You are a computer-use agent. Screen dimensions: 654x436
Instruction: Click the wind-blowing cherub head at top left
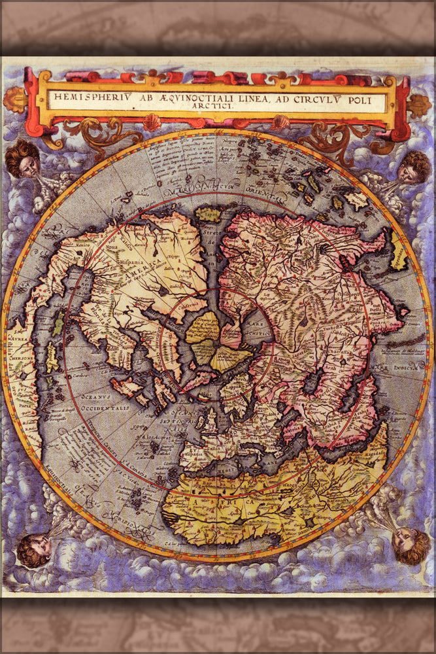pos(23,159)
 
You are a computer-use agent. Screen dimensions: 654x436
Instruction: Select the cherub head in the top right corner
pos(413,167)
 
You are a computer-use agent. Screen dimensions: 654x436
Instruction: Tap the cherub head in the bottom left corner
pos(35,549)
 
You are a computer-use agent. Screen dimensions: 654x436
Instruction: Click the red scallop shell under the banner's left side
pos(152,122)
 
